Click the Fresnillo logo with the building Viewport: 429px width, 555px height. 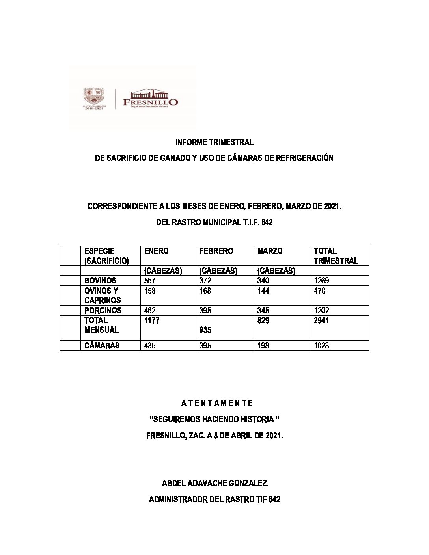click(150, 99)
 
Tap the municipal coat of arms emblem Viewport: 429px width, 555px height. click(93, 97)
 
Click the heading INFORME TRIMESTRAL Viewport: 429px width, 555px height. click(214, 142)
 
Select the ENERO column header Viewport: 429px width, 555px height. click(156, 251)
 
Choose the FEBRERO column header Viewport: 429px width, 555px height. click(216, 251)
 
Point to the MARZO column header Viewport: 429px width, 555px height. click(270, 251)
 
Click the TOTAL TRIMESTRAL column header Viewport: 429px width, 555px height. click(336, 256)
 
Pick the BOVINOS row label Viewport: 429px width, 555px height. click(100, 281)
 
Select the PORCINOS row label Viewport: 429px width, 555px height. click(103, 311)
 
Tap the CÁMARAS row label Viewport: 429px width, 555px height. click(102, 346)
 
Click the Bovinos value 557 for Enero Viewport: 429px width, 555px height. click(150, 281)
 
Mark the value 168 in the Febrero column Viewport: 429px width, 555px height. click(205, 291)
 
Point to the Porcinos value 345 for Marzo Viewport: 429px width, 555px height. click(263, 311)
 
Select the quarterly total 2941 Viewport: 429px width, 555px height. click(321, 320)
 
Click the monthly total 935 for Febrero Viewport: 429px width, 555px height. click(205, 330)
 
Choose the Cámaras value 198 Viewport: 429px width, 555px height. click(263, 346)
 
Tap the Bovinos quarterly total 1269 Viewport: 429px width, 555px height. click(321, 281)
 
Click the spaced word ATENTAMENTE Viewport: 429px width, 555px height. click(217, 403)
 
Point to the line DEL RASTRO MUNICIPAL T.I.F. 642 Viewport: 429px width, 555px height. click(214, 223)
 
